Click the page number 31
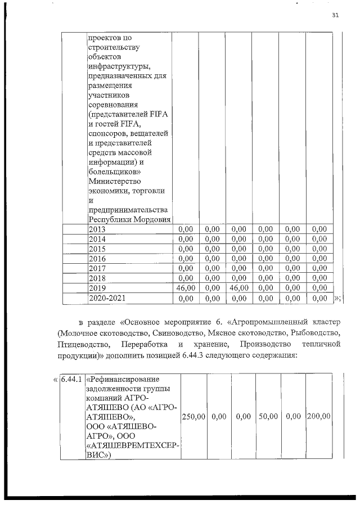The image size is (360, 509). pyautogui.click(x=335, y=15)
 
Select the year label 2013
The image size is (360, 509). pyautogui.click(x=97, y=229)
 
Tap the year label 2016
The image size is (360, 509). pyautogui.click(x=97, y=258)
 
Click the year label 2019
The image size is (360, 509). pyautogui.click(x=97, y=287)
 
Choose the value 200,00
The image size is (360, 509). pyautogui.click(x=318, y=416)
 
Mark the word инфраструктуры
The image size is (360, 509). pyautogui.click(x=119, y=66)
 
